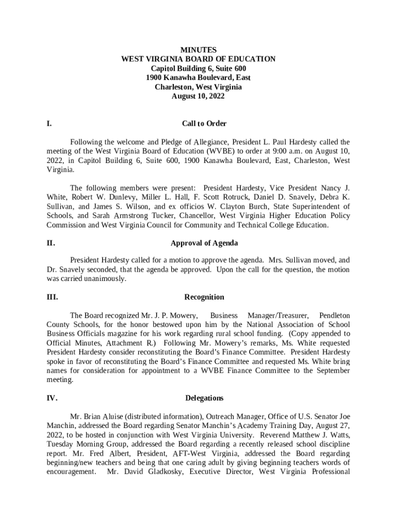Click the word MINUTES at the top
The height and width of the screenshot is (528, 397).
[x=198, y=50]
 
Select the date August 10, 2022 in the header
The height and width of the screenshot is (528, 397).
[x=198, y=96]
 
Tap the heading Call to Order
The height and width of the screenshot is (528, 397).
[x=204, y=124]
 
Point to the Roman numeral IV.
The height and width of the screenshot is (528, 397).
[x=52, y=398]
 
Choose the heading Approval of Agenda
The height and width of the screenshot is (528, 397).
[x=204, y=243]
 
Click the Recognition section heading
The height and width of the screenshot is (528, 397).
[x=204, y=297]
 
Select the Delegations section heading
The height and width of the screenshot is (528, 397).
[x=204, y=398]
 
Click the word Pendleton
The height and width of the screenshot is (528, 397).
[x=334, y=316]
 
